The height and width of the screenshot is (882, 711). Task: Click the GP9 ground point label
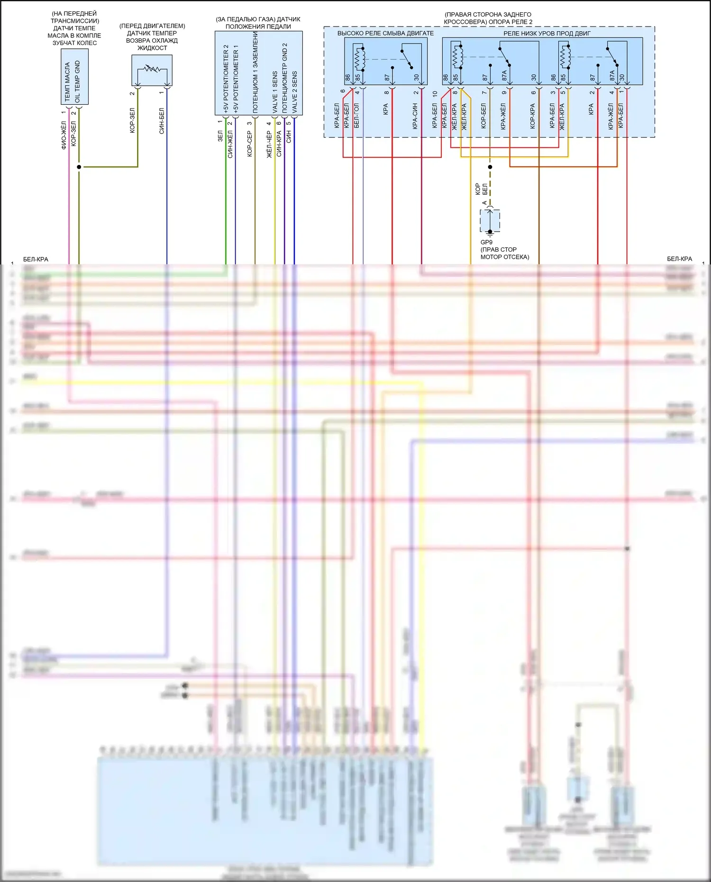click(x=486, y=242)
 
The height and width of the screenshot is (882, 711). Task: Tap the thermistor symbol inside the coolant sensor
click(x=152, y=69)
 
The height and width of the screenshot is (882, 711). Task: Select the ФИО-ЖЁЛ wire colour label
click(x=64, y=135)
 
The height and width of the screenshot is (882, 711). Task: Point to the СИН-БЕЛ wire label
click(x=162, y=121)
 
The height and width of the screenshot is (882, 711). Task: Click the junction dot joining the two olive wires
click(x=79, y=167)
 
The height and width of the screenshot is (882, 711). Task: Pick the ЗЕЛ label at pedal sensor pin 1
click(x=220, y=136)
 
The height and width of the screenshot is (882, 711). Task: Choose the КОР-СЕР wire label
click(x=250, y=144)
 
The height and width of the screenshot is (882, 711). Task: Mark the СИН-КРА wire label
click(x=279, y=144)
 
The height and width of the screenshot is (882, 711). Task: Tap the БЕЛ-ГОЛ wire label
click(x=356, y=115)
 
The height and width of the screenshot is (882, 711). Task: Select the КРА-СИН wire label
click(x=415, y=116)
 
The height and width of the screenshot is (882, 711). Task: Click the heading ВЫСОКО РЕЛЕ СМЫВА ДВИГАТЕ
click(x=385, y=33)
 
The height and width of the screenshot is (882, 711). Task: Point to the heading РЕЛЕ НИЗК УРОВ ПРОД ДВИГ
click(x=547, y=33)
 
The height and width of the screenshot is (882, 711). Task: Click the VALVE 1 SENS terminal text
click(x=275, y=92)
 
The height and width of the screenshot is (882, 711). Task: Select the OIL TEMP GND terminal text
click(x=78, y=82)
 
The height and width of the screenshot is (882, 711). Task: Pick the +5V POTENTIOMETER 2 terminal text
click(x=226, y=79)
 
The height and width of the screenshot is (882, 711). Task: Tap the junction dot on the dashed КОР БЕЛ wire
click(x=490, y=167)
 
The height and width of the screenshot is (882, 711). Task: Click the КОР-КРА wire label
click(x=532, y=117)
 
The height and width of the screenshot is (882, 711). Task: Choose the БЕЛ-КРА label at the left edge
click(x=36, y=259)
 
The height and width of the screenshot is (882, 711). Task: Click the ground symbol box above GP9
click(x=490, y=221)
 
